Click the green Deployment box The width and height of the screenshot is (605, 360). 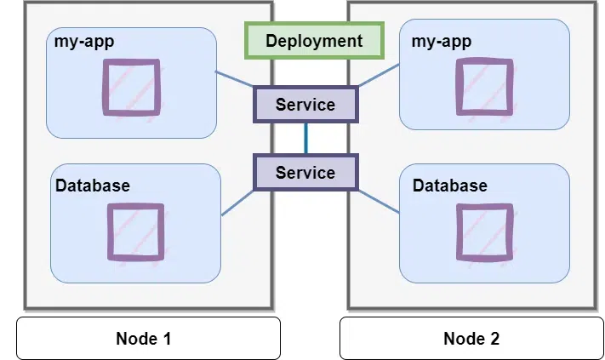point(313,40)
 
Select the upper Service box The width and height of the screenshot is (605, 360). point(305,105)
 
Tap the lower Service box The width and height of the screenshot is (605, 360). point(305,173)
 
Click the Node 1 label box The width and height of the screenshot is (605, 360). point(148,338)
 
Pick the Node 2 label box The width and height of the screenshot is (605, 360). point(471,338)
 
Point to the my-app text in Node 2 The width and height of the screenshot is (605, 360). point(441,41)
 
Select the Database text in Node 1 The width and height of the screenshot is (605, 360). point(93,185)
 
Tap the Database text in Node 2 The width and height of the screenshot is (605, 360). point(450,185)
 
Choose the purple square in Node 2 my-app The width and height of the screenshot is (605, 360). point(484,86)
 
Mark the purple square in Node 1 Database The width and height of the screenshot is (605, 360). point(134,231)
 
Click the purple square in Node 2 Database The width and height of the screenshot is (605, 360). point(486,231)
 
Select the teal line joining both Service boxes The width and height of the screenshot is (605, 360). point(305,139)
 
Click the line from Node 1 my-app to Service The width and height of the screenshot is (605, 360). point(235,79)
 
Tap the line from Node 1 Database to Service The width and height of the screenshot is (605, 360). point(238,202)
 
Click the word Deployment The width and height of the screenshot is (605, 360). point(313,40)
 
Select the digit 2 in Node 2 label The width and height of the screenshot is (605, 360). point(494,338)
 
